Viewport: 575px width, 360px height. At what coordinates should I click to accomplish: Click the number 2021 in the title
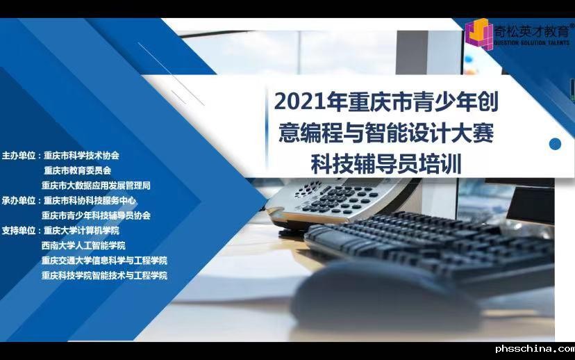[x=300, y=101]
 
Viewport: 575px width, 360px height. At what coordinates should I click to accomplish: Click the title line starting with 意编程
[x=386, y=133]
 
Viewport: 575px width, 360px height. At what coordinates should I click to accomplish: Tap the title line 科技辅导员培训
[x=386, y=164]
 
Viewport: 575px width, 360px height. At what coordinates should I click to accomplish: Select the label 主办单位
[x=19, y=156]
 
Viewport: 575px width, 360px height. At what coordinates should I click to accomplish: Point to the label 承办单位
[x=19, y=201]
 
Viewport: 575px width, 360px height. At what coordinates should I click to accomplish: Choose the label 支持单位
[x=19, y=231]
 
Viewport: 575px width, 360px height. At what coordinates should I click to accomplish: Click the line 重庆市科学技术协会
[x=81, y=156]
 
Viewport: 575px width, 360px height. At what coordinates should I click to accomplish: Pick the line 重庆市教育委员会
[x=77, y=171]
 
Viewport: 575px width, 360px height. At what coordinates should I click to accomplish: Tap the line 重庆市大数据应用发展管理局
[x=96, y=186]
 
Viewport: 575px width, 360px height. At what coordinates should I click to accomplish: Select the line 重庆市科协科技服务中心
[x=90, y=201]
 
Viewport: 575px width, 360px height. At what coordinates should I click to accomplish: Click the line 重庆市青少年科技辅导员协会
[x=96, y=215]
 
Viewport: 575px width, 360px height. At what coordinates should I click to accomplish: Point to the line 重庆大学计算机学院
[x=81, y=231]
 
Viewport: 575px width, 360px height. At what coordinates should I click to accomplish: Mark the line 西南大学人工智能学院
[x=83, y=246]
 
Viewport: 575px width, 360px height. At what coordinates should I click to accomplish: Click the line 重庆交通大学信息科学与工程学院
[x=104, y=261]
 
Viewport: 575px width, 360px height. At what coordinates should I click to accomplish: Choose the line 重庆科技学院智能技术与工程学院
[x=104, y=276]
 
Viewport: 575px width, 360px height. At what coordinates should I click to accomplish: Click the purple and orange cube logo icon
[x=478, y=34]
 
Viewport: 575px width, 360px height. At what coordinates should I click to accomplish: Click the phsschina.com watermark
[x=535, y=349]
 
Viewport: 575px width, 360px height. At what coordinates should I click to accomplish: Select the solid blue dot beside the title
[x=555, y=144]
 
